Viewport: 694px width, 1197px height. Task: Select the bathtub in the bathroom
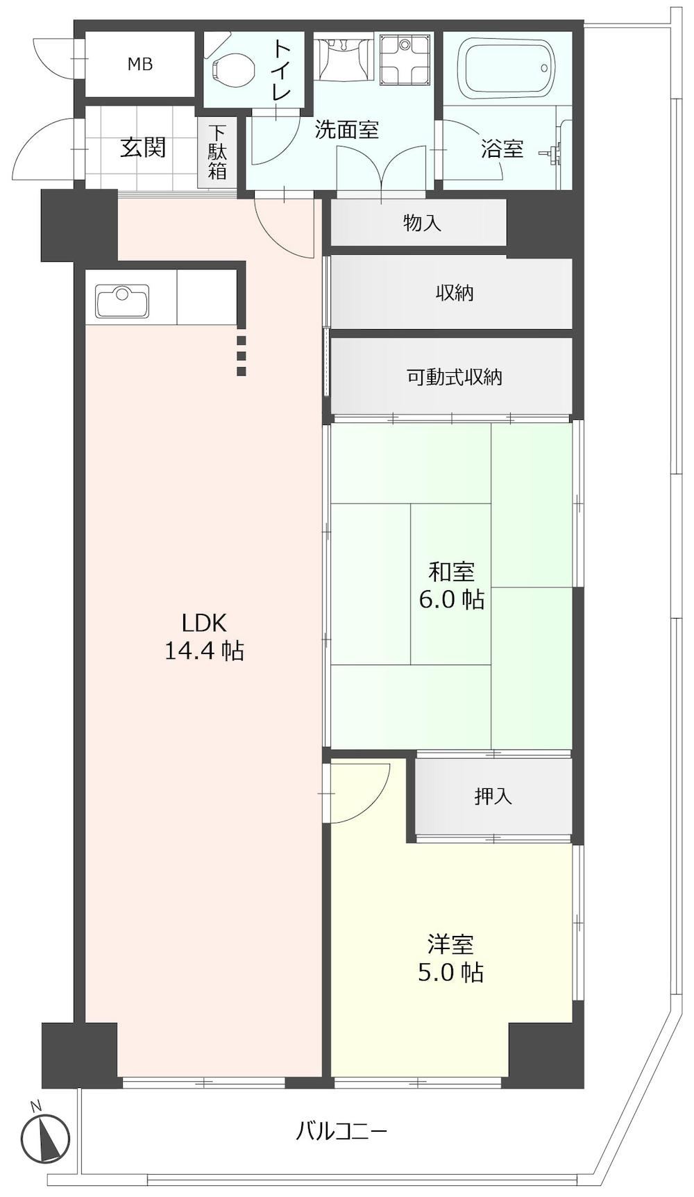509,67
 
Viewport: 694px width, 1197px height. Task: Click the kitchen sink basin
123,301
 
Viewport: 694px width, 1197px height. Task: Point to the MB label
139,65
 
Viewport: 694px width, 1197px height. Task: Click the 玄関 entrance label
143,147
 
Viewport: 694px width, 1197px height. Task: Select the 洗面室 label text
347,130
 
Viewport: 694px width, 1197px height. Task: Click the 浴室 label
502,149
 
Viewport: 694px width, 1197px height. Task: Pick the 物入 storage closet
418,222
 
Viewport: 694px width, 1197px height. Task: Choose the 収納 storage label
455,293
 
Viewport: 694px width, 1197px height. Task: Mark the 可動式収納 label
455,377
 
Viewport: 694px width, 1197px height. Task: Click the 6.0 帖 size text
452,598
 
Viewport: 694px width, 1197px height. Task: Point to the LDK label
204,622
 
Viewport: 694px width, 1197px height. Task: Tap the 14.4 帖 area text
204,651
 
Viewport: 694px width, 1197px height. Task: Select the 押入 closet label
493,796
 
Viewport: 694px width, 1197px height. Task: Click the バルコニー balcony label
341,1131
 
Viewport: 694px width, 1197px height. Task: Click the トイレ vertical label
281,72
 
